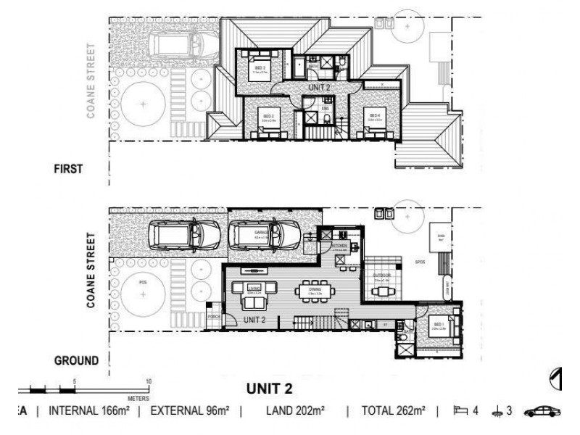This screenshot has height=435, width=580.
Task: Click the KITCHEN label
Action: (x=341, y=246)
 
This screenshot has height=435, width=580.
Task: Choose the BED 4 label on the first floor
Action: (x=374, y=115)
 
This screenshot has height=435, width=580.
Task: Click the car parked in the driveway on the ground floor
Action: (x=184, y=234)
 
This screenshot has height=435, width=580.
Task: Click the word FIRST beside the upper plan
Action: (x=70, y=170)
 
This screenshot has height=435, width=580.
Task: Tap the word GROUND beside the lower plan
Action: (x=76, y=360)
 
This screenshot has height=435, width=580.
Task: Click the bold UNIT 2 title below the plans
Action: (x=269, y=389)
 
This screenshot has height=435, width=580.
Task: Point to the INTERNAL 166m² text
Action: (x=88, y=411)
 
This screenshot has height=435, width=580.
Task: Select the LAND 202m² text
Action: (x=299, y=411)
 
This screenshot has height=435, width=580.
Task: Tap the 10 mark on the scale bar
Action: (x=149, y=381)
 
